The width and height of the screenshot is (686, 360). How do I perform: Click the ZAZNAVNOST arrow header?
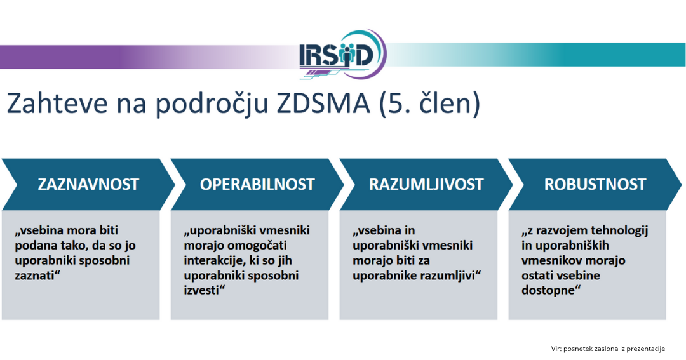click(x=88, y=185)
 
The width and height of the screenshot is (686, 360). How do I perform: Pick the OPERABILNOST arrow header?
click(x=257, y=185)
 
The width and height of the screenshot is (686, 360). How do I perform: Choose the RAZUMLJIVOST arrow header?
click(x=426, y=185)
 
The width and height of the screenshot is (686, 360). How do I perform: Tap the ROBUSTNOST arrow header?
click(x=595, y=185)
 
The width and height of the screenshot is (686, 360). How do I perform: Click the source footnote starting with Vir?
click(x=607, y=349)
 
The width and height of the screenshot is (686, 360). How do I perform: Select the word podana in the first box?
click(x=34, y=246)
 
